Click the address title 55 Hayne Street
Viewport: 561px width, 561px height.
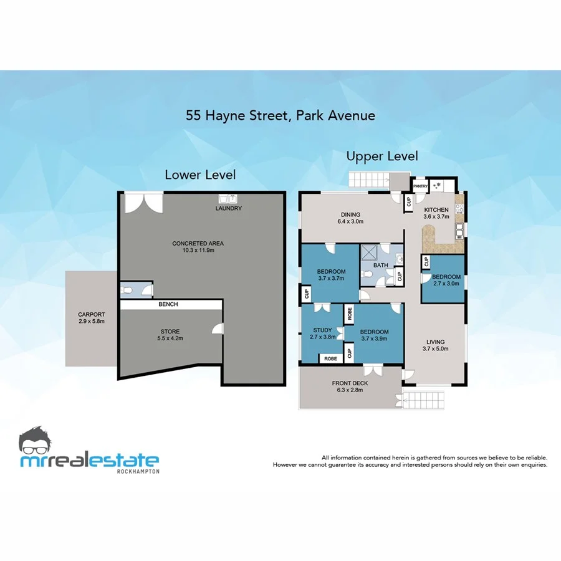click(x=280, y=115)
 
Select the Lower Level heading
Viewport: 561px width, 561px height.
click(x=200, y=175)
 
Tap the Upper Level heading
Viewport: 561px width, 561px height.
click(x=382, y=156)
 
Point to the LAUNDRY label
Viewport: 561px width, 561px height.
click(x=229, y=208)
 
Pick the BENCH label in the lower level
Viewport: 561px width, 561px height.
click(x=168, y=304)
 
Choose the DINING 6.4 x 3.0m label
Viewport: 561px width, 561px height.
click(x=350, y=217)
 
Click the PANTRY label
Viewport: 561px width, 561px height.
click(x=420, y=186)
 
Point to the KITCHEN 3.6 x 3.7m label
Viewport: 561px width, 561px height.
click(x=437, y=213)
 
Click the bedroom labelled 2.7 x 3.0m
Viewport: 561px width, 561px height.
click(x=446, y=280)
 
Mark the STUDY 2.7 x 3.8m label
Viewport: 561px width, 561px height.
click(x=322, y=333)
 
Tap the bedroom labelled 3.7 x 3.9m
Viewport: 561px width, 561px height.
click(x=374, y=335)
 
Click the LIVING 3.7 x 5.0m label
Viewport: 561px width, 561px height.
click(x=436, y=345)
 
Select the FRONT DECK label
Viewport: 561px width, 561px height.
click(x=349, y=387)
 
